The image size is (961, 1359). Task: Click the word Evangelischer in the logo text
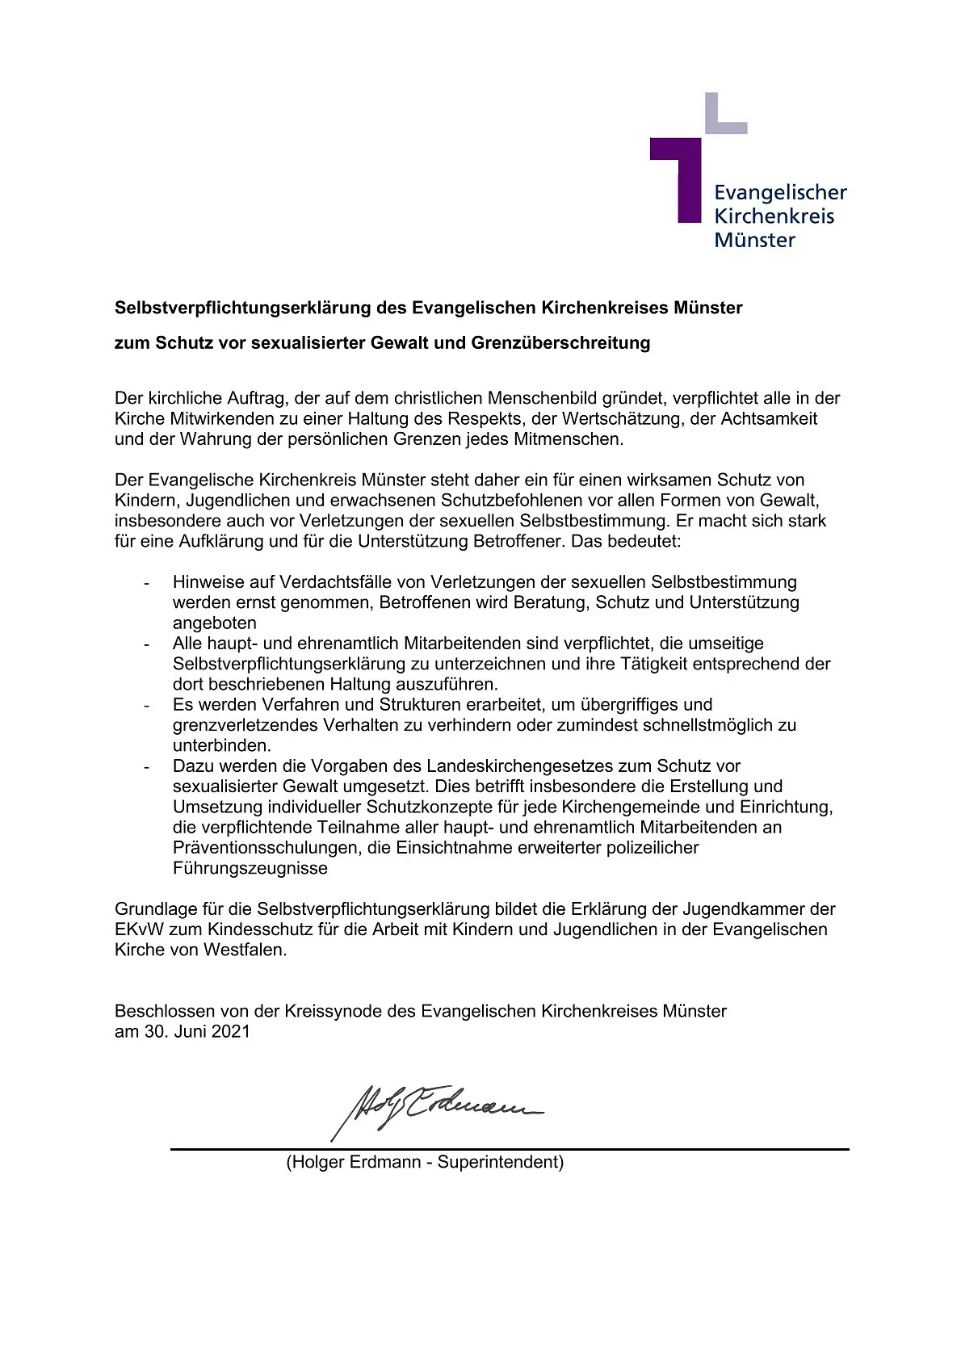780,192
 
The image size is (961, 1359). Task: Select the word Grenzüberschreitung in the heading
560,343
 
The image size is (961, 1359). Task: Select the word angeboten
214,623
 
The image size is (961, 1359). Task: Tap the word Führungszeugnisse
250,869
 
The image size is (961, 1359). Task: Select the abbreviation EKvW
139,929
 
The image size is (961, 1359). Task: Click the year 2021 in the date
231,1032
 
